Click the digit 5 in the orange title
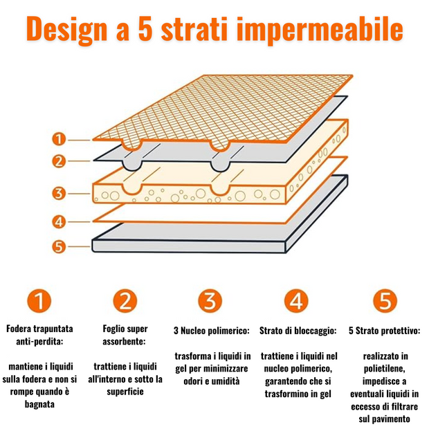145,28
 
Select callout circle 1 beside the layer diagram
59,139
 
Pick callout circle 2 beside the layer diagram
59,161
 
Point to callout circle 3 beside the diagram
59,194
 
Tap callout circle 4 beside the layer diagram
59,221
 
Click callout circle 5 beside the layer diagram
59,246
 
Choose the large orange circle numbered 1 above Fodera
39,301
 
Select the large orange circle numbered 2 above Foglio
125,301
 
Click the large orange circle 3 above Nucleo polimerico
210,301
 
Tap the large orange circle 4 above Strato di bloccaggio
296,301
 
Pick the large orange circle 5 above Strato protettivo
385,301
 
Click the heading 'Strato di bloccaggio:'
298,331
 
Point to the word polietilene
385,369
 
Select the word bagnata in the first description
39,404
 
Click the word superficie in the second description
125,392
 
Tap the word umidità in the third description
225,381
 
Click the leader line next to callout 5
80,246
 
